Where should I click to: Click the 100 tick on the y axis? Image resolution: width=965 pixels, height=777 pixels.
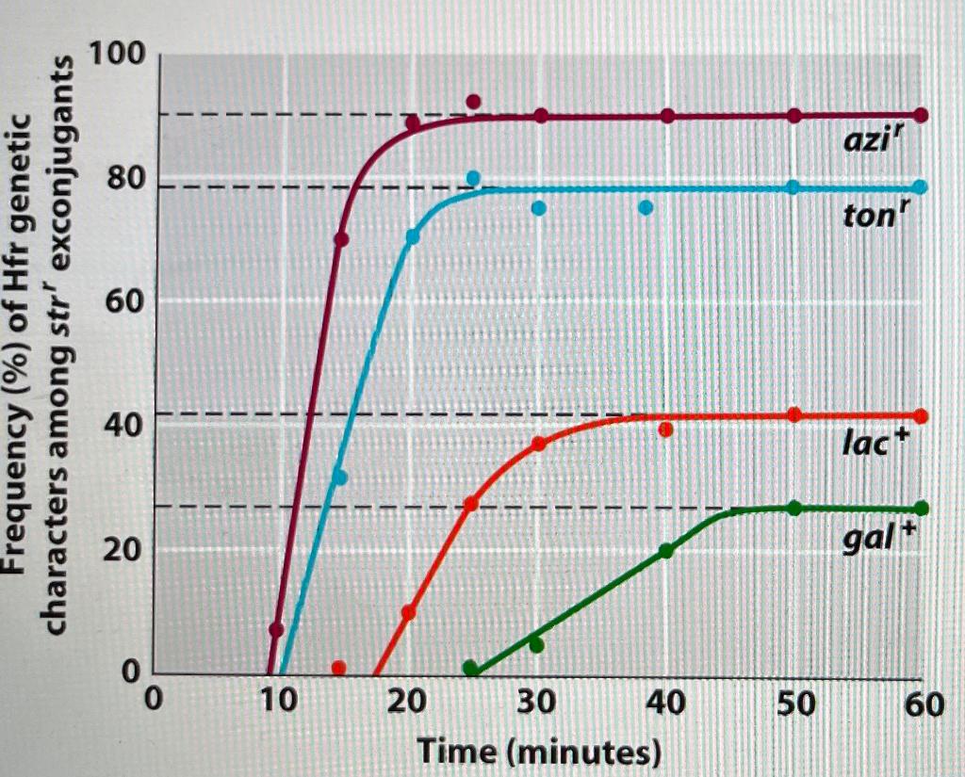coord(118,57)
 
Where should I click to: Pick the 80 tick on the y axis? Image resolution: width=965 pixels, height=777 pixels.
coord(126,179)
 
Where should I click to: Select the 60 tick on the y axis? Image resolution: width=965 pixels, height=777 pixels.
coord(126,303)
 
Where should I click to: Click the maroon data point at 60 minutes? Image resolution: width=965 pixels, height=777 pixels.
coord(921,115)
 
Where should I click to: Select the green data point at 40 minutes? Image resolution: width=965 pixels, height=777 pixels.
coord(666,551)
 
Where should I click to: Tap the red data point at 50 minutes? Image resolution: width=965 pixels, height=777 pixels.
coord(794,415)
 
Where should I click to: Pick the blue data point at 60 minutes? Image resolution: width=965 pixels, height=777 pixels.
coord(921,187)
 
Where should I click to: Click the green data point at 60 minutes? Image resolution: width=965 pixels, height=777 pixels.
coord(921,509)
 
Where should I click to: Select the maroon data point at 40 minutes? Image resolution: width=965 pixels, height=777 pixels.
coord(667,116)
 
